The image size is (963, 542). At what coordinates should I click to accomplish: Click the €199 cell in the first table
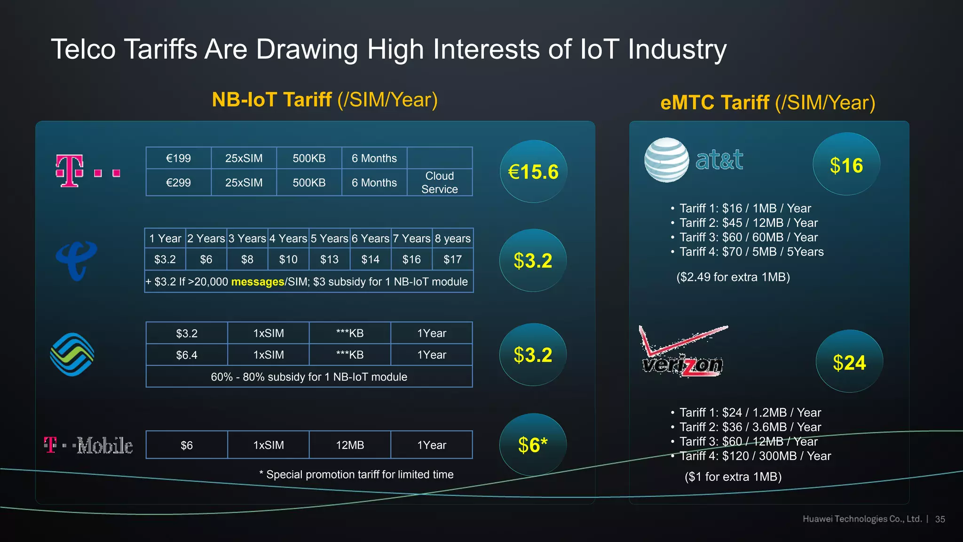pyautogui.click(x=178, y=158)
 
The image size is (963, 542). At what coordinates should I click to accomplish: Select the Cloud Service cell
pyautogui.click(x=439, y=182)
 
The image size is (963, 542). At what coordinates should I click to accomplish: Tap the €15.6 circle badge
pyautogui.click(x=533, y=172)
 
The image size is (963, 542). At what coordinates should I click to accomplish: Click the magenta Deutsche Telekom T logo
pyautogui.click(x=70, y=171)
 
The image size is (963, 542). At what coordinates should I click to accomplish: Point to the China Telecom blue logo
pyautogui.click(x=76, y=260)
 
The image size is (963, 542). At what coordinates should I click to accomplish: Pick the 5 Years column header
pyautogui.click(x=329, y=239)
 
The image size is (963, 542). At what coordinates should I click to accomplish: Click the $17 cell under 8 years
pyautogui.click(x=452, y=259)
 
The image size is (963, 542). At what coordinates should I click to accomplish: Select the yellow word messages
pyautogui.click(x=258, y=282)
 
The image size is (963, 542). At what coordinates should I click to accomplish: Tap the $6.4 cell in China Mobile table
pyautogui.click(x=187, y=355)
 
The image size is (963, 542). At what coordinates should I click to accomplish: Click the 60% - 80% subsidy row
pyautogui.click(x=309, y=377)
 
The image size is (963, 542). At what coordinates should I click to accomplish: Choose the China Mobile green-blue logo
pyautogui.click(x=72, y=355)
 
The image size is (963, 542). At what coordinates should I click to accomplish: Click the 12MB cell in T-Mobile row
pyautogui.click(x=350, y=445)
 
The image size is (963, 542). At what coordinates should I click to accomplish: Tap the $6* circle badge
pyautogui.click(x=533, y=445)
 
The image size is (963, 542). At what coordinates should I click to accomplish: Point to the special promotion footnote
pyautogui.click(x=356, y=474)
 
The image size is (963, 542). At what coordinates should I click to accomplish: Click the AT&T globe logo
pyautogui.click(x=666, y=160)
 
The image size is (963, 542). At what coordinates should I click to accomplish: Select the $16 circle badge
pyautogui.click(x=846, y=165)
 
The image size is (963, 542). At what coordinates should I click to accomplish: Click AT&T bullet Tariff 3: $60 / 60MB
pyautogui.click(x=749, y=237)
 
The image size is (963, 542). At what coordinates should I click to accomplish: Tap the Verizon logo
pyautogui.click(x=683, y=352)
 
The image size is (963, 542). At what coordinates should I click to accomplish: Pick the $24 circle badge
pyautogui.click(x=849, y=362)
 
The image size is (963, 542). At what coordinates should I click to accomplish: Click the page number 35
pyautogui.click(x=940, y=519)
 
